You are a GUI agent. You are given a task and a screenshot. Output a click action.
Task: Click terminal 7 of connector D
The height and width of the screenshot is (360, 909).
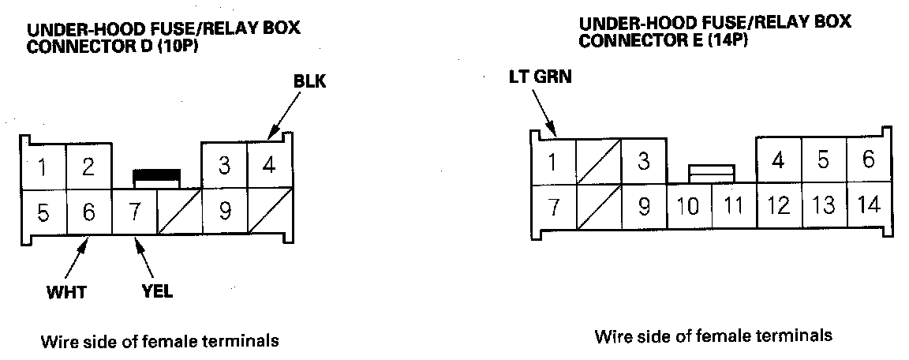click(x=134, y=212)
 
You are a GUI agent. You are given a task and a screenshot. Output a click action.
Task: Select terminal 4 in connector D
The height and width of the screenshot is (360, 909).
click(x=269, y=165)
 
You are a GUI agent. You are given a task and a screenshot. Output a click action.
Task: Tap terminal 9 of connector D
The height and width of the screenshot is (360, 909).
click(x=224, y=212)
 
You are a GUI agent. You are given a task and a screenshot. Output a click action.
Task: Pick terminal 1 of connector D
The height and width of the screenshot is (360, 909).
click(x=43, y=167)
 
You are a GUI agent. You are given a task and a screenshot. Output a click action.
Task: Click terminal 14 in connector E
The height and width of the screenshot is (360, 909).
click(x=869, y=205)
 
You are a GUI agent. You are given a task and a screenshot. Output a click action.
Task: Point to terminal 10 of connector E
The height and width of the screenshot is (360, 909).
click(x=690, y=206)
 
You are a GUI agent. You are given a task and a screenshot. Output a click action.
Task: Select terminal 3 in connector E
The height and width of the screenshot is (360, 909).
click(x=644, y=162)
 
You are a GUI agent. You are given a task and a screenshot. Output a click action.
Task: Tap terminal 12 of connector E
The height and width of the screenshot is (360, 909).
click(x=779, y=205)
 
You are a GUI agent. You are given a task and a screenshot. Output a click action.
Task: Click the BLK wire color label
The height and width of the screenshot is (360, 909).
click(x=309, y=82)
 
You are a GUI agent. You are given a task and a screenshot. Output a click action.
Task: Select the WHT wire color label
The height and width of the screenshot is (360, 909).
click(x=66, y=291)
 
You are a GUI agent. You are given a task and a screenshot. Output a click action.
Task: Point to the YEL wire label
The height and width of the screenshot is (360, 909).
click(x=157, y=291)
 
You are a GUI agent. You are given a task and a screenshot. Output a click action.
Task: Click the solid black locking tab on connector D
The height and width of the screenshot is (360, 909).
click(x=156, y=175)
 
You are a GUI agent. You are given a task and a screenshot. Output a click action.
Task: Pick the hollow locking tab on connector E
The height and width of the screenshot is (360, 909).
click(x=712, y=174)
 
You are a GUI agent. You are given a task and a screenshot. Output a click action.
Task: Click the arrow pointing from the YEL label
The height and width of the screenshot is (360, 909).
click(x=144, y=258)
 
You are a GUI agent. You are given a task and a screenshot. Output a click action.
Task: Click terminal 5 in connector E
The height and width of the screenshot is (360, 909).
click(x=824, y=160)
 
